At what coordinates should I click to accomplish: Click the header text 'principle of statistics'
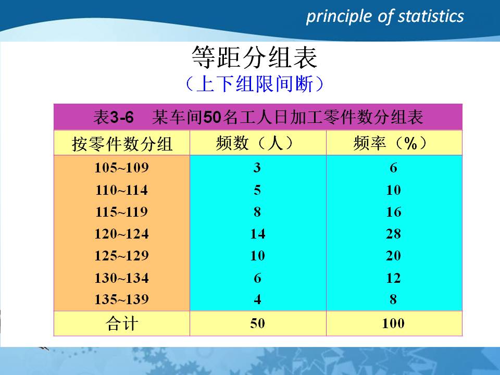tap(384, 17)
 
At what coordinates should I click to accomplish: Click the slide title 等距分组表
tap(255, 58)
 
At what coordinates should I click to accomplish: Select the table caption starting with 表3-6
tap(258, 117)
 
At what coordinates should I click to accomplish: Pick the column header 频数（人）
tap(257, 143)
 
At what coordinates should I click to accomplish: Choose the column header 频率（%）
tap(393, 143)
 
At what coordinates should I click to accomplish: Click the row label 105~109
tap(121, 168)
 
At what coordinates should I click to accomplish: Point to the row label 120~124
tap(121, 234)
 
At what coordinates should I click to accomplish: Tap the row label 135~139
tap(121, 300)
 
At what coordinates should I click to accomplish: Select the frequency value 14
tap(257, 234)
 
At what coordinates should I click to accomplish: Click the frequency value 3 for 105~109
tap(257, 168)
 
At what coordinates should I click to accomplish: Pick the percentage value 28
tap(393, 234)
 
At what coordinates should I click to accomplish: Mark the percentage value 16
tap(393, 213)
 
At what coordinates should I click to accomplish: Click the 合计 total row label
tap(122, 324)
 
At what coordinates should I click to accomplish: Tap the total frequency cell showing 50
tap(257, 324)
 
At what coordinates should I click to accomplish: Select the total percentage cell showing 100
tap(393, 324)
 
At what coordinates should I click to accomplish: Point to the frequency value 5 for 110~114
tap(257, 191)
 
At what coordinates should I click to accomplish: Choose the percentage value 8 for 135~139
tap(393, 300)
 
